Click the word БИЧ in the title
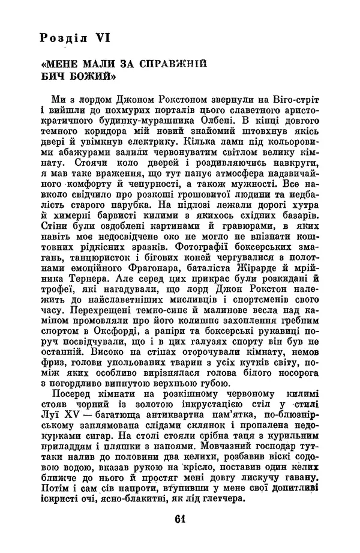click(x=55, y=77)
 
